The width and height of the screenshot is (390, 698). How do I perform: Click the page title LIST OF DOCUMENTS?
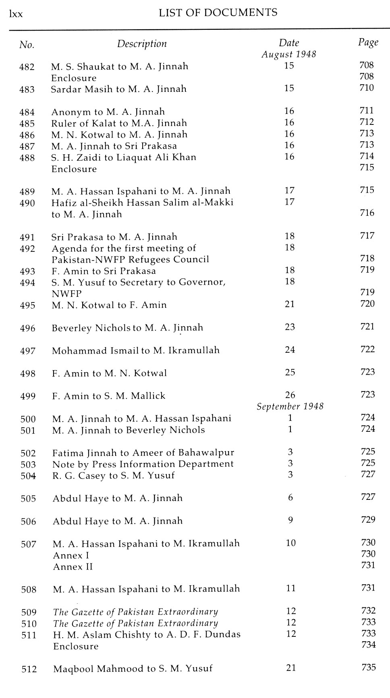coord(218,13)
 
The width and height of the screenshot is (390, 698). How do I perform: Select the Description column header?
coord(142,44)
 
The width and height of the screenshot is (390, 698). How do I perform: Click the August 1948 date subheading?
coord(289,54)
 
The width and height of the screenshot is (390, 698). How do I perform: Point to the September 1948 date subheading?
coord(290,406)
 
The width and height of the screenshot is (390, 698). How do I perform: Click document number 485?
coord(27,124)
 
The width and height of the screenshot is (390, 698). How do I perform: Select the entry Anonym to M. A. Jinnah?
coord(108,112)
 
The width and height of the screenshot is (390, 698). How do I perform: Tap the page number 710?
coord(367,88)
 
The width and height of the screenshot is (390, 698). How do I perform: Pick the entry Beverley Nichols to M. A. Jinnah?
coord(127,328)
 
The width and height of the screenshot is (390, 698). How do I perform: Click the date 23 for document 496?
coord(290,327)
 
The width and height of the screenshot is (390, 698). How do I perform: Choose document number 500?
coord(28,419)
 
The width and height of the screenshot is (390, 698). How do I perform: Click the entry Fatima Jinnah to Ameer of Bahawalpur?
coord(143,453)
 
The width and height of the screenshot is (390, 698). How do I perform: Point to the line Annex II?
coord(73,567)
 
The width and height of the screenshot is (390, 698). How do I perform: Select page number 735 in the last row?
coord(368,667)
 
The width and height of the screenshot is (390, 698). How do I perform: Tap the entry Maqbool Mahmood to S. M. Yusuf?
coord(133,669)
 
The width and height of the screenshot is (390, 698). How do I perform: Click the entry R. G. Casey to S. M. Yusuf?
coord(114,476)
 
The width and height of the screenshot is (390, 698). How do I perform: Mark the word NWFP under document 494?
coord(66,294)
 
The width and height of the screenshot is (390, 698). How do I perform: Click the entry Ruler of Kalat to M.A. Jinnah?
coord(119,123)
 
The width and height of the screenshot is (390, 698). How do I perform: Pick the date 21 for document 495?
coord(290,304)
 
